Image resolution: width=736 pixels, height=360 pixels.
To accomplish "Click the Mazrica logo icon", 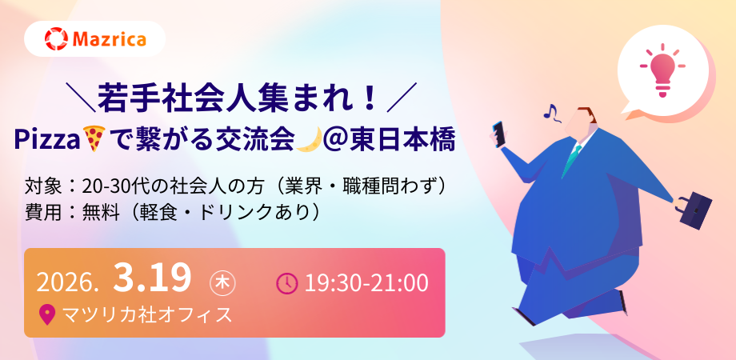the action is tap(57, 39).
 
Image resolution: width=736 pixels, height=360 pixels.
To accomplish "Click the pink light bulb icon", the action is tap(662, 70).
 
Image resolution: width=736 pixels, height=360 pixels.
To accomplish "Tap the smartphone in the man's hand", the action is tap(499, 134).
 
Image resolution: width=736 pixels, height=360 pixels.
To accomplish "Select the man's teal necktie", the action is tap(572, 158).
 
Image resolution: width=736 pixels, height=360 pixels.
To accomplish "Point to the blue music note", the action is tap(550, 111).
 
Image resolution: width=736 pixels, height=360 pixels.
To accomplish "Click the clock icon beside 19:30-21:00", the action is tap(286, 283).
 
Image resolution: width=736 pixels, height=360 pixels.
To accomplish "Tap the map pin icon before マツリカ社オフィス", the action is tap(47, 314).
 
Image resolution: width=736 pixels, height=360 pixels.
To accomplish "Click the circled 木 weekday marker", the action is tap(222, 283).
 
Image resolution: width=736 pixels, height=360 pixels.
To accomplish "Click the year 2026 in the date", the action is tap(66, 283).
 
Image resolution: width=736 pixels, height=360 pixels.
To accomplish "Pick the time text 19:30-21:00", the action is tap(366, 283).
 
